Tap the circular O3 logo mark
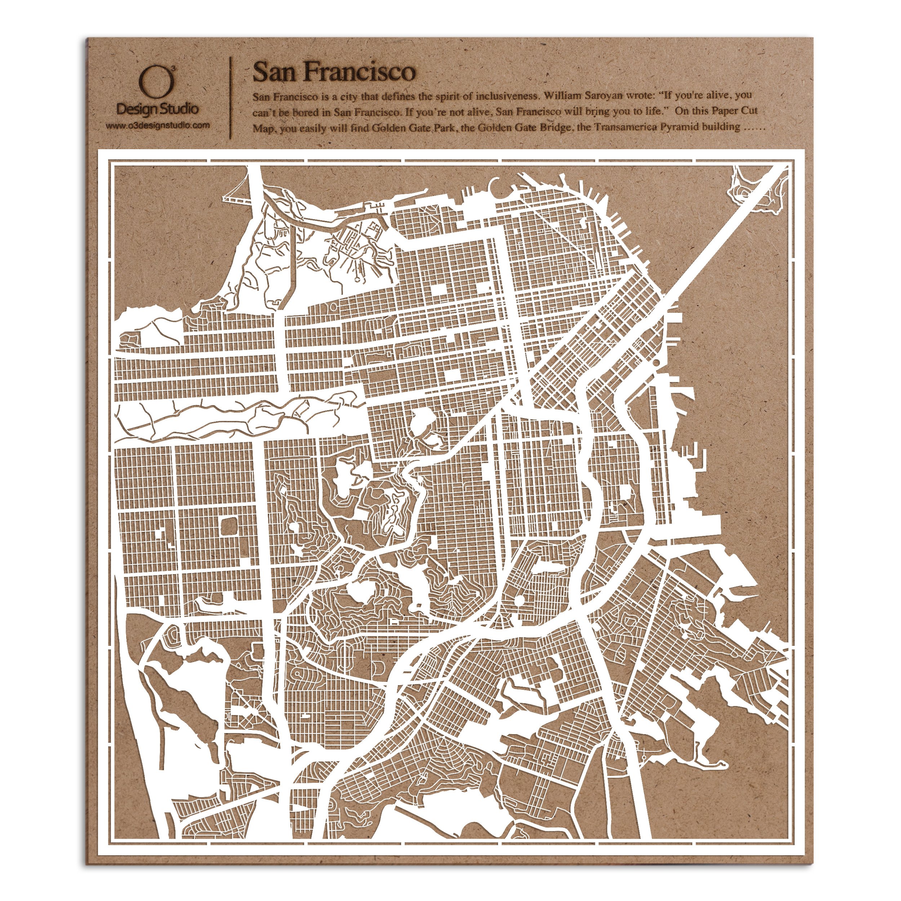pos(157,83)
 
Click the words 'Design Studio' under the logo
pos(157,109)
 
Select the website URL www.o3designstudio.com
pos(157,125)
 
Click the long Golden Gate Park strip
pos(233,417)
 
